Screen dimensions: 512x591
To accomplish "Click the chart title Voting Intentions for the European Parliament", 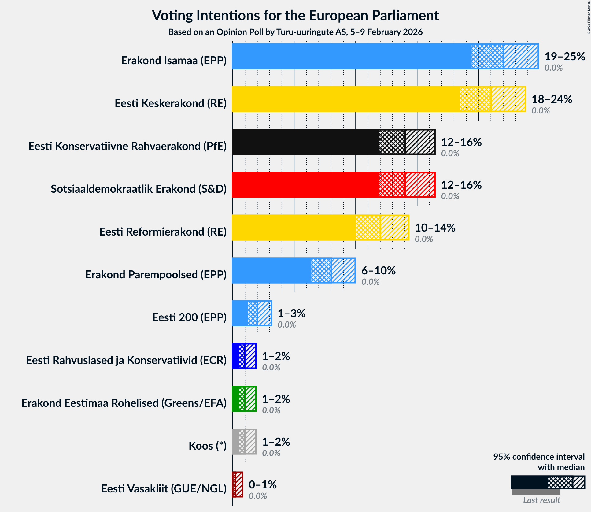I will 295,15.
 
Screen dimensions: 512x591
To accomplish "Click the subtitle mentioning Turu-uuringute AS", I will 295,32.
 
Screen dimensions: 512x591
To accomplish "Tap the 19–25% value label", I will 564,57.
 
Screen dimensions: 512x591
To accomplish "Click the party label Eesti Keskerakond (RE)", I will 171,103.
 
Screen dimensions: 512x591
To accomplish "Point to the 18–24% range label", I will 552,99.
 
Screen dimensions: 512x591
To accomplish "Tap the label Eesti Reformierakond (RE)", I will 163,232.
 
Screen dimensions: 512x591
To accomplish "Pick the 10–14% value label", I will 435,228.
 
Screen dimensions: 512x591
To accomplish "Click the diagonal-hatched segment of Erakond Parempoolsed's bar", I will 343,270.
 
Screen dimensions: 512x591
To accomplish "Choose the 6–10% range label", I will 378,271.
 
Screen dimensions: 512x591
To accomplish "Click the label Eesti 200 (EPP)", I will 189,317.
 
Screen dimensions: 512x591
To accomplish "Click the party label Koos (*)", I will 207,446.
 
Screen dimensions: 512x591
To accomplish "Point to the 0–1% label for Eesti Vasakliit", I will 262,485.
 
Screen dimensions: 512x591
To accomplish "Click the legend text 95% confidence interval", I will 538,457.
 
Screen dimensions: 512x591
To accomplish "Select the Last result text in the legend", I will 541,500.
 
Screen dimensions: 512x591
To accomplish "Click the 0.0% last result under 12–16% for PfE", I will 450,154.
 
